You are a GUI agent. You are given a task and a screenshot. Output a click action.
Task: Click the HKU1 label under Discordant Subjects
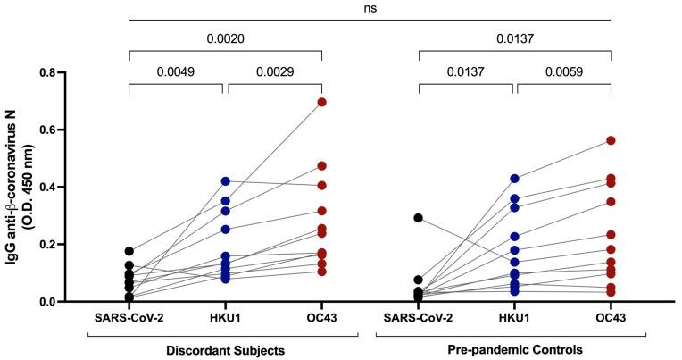pyautogui.click(x=225, y=318)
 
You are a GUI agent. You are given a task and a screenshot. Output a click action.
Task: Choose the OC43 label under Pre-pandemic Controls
pyautogui.click(x=611, y=318)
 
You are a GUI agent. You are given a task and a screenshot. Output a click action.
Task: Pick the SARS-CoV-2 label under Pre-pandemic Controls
pyautogui.click(x=419, y=318)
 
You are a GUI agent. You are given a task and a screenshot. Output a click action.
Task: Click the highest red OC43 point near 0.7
pyautogui.click(x=321, y=102)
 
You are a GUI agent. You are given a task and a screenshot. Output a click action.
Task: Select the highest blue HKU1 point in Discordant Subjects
pyautogui.click(x=225, y=181)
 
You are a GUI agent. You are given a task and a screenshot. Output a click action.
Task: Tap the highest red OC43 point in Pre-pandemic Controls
pyautogui.click(x=611, y=140)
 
